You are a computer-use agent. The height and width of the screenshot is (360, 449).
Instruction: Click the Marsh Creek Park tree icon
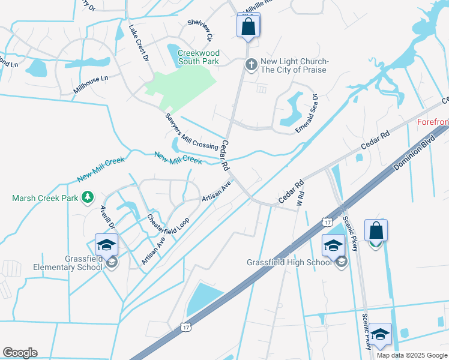pos(88,197)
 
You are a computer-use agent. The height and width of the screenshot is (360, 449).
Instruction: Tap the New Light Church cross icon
pos(252,64)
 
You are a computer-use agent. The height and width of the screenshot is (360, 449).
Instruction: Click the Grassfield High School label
pos(289,262)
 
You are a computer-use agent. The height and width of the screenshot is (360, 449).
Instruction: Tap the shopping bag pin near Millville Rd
pos(247,27)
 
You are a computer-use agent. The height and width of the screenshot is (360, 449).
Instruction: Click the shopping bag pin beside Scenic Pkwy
pos(376,231)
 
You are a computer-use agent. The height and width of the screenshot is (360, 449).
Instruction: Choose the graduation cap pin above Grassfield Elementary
pos(106,245)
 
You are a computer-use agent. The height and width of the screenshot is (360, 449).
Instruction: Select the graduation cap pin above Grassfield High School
pos(333,245)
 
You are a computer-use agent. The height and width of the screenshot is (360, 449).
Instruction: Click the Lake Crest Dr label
pos(138,43)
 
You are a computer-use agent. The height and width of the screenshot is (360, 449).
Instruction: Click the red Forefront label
pos(433,122)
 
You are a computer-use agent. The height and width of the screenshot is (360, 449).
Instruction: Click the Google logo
pos(20,353)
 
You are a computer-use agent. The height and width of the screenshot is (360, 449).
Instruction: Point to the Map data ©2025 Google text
pos(411,355)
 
